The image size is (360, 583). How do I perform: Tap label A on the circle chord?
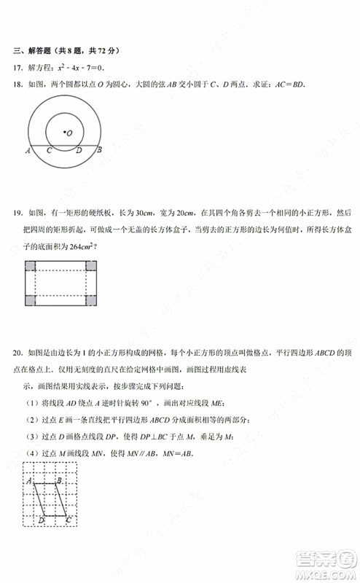pos(27,151)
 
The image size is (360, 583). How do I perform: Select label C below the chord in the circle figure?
pos(49,151)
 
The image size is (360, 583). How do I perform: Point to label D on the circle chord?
pos(78,151)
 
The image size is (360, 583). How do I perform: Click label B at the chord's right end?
pos(100,151)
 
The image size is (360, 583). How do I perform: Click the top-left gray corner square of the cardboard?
pos(30,266)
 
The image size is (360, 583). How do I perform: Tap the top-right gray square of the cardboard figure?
pos(91,266)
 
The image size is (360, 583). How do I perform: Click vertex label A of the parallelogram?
pos(28,481)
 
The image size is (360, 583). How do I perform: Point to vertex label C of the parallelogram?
pos(68,520)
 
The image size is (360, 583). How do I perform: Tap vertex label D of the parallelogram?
pos(41,520)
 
